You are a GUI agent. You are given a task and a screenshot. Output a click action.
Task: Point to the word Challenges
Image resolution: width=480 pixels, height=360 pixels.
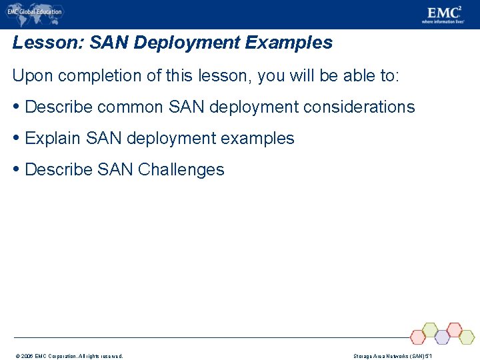[181, 169]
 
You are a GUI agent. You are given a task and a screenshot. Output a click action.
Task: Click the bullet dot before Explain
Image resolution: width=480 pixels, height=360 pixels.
[17, 138]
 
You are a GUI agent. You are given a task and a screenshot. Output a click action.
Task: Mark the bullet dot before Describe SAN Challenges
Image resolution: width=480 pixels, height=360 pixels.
[17, 169]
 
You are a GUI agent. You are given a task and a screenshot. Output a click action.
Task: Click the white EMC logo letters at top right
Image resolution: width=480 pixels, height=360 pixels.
[442, 12]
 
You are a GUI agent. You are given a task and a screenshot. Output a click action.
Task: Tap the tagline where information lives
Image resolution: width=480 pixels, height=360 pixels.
[443, 22]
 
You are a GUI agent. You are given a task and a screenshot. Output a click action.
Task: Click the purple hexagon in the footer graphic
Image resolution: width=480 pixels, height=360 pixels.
[442, 337]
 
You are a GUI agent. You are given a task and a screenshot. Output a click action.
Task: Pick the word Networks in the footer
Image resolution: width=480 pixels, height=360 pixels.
[395, 356]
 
